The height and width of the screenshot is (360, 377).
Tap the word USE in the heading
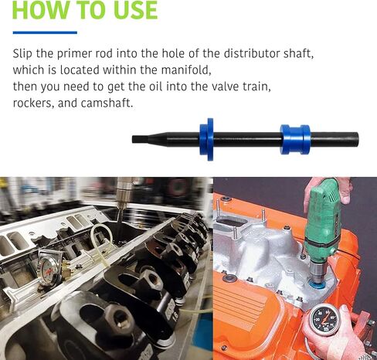[x=131, y=10]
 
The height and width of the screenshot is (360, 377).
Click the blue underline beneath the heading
[x=45, y=32]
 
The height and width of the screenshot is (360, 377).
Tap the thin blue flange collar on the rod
[x=206, y=139]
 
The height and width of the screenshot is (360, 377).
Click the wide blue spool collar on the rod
[x=294, y=140]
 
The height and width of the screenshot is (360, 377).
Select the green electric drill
[x=322, y=220]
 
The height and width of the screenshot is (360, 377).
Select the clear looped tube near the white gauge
[x=99, y=239]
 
